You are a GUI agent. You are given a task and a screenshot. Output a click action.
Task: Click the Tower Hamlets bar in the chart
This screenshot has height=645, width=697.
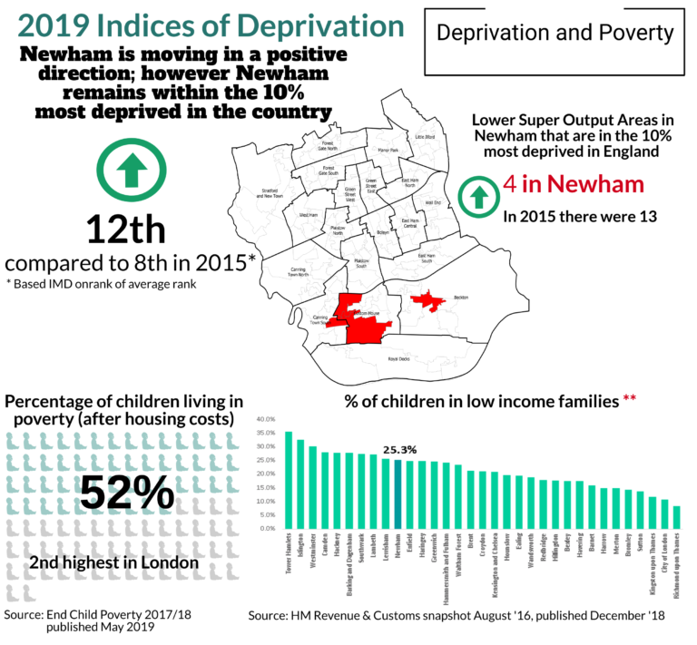coord(289,480)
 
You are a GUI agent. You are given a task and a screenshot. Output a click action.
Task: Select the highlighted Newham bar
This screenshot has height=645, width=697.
coord(398,494)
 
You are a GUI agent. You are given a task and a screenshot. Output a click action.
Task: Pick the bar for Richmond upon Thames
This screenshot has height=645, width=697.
coord(676,517)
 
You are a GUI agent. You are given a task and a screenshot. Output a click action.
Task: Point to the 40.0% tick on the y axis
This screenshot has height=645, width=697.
coord(261,420)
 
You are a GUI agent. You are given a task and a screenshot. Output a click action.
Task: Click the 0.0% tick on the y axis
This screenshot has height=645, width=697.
coord(263,528)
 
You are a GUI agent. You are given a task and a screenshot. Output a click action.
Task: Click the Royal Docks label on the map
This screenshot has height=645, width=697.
coord(399,359)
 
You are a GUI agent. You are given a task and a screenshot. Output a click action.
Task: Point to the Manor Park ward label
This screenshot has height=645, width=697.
coord(388,150)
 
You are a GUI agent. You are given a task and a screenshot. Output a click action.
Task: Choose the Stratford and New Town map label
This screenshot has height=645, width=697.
coord(269,192)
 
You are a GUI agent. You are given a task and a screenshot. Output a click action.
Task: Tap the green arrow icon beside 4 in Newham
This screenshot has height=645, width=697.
coord(476,193)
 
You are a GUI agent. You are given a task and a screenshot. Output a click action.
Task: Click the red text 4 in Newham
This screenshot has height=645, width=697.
coord(573,184)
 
